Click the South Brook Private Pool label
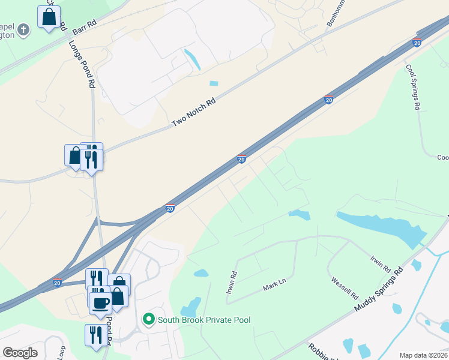point(203,320)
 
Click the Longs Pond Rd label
point(83,65)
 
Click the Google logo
point(20,352)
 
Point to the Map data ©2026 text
point(423,355)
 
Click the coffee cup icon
point(101,301)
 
